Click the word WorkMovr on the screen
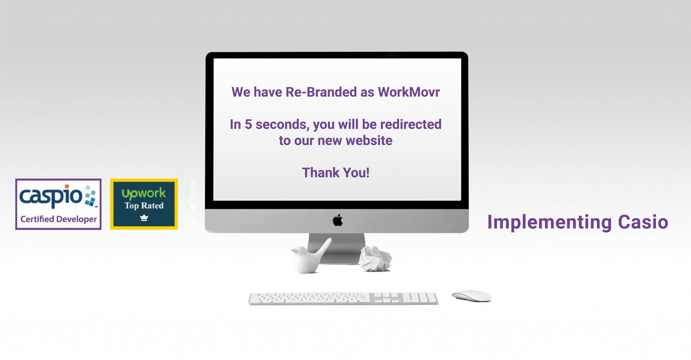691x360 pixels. [409, 92]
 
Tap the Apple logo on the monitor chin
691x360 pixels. [338, 220]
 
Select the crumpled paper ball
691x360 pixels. [375, 258]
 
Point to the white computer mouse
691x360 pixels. [472, 296]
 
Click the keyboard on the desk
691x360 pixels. [343, 299]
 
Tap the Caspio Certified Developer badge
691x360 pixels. [58, 204]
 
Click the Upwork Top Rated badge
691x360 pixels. [144, 204]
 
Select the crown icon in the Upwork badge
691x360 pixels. [144, 218]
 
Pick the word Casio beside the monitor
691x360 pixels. [643, 222]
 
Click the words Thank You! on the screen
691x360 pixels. [336, 173]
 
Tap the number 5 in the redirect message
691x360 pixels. [248, 124]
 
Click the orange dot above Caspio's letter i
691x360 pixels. [67, 186]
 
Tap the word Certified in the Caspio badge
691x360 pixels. [37, 219]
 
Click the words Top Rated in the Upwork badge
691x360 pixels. [144, 205]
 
